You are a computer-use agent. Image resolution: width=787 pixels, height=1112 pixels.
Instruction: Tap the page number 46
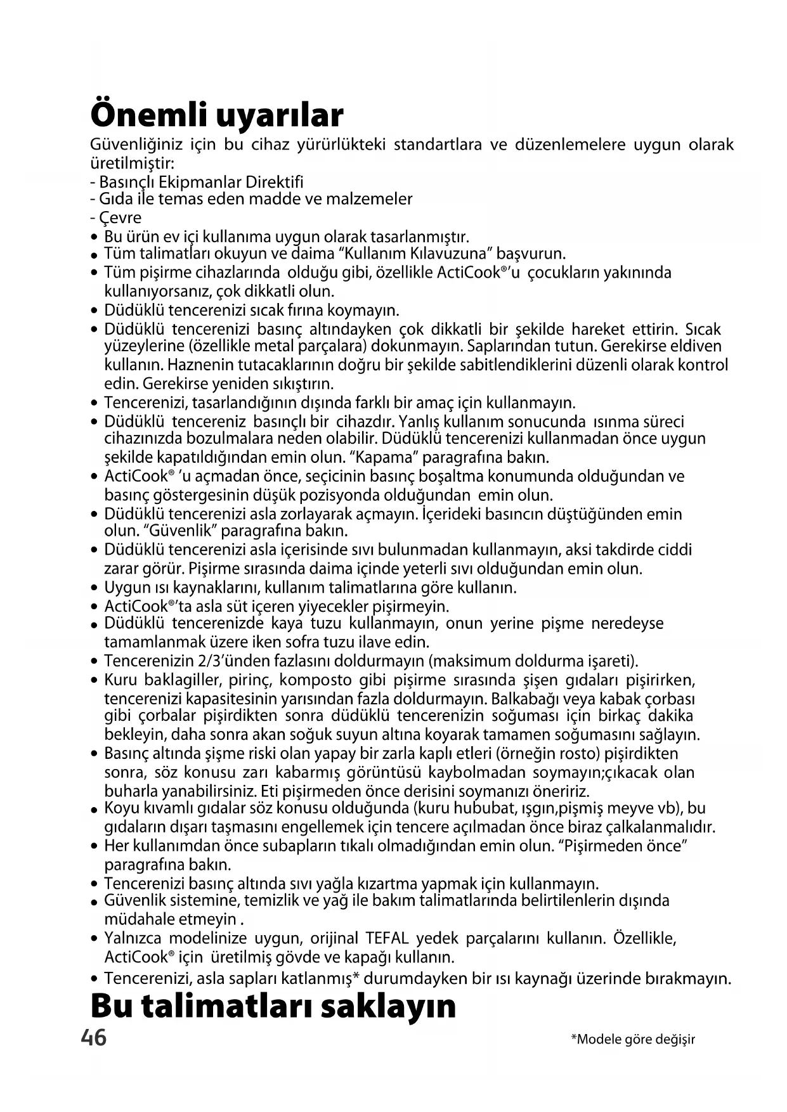coord(94,1038)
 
